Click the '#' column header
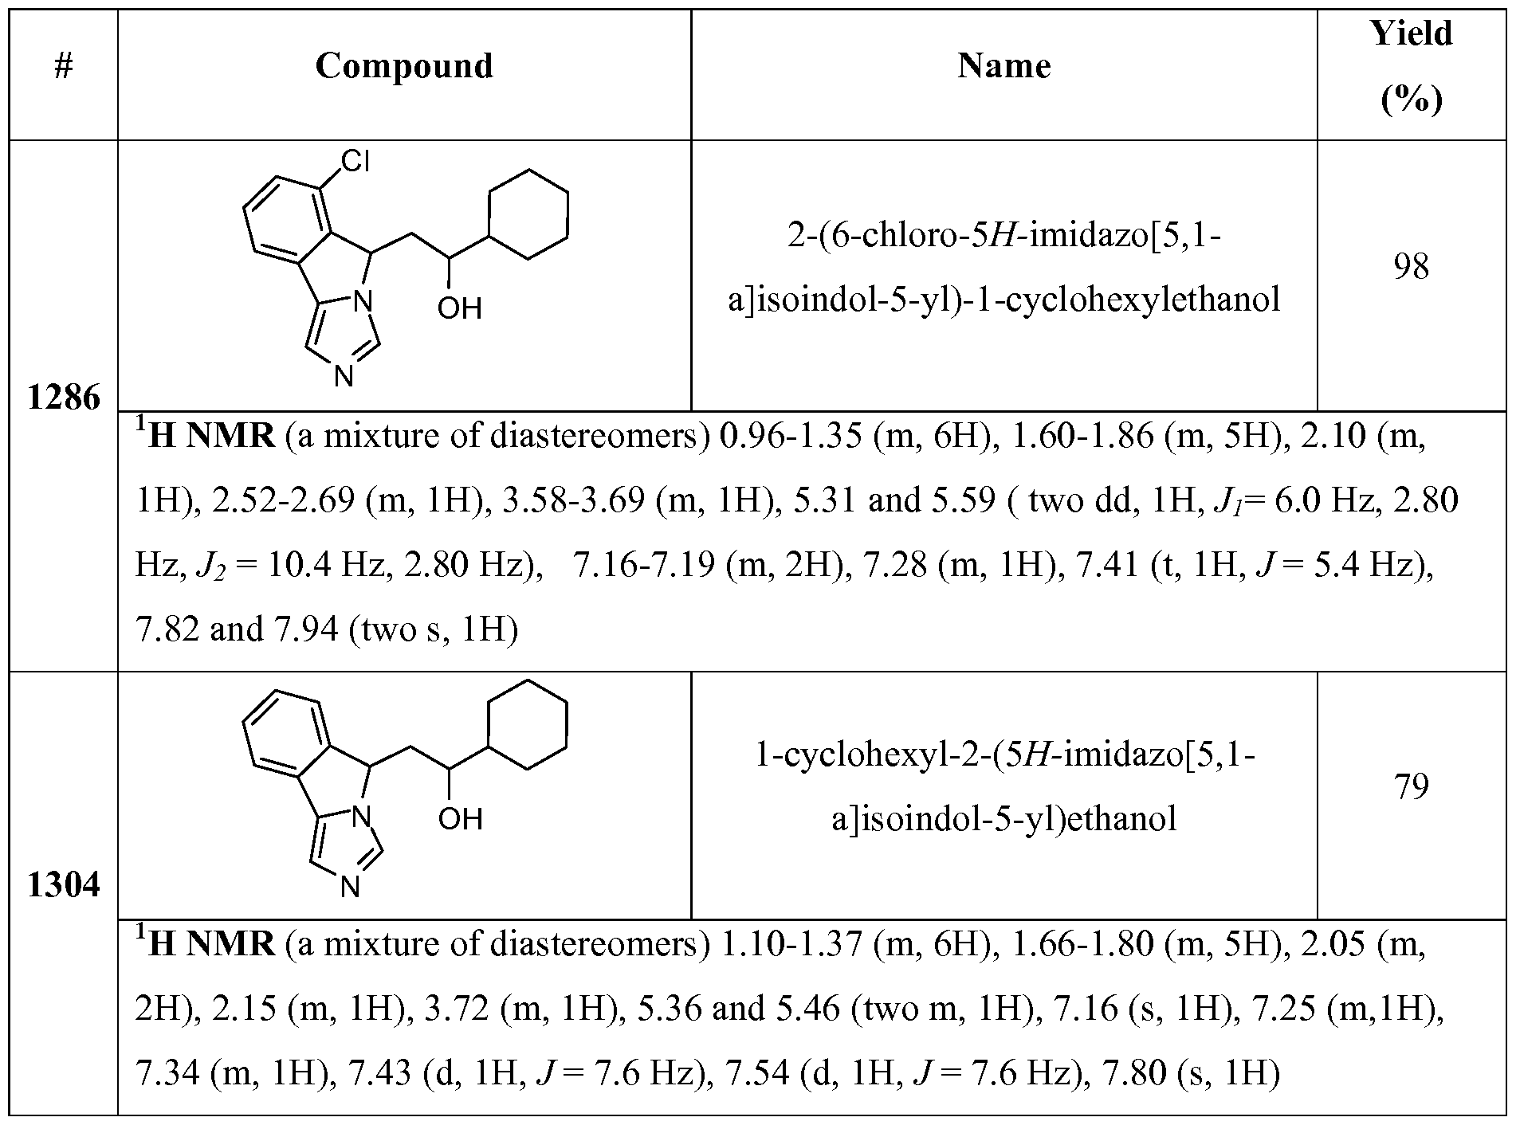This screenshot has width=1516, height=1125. pyautogui.click(x=64, y=67)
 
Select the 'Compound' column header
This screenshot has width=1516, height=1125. pyautogui.click(x=404, y=66)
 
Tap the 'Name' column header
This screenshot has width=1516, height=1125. pyautogui.click(x=1003, y=66)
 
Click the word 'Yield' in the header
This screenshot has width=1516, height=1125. pyautogui.click(x=1411, y=34)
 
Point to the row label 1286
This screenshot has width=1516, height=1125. pyautogui.click(x=64, y=398)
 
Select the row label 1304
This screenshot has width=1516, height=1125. pyautogui.click(x=64, y=885)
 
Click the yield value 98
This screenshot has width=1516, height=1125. pyautogui.click(x=1411, y=267)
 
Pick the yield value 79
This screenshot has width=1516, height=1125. pyautogui.click(x=1411, y=786)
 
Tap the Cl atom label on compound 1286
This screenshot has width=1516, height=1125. pyautogui.click(x=355, y=163)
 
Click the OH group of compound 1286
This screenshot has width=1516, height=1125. pyautogui.click(x=460, y=308)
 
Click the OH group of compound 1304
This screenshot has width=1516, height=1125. pyautogui.click(x=460, y=818)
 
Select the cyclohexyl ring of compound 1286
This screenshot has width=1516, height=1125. pyautogui.click(x=528, y=214)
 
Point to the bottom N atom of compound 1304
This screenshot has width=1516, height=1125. pyautogui.click(x=350, y=887)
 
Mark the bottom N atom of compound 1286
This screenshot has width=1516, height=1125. pyautogui.click(x=344, y=375)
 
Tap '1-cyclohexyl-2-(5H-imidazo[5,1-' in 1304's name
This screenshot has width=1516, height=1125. pyautogui.click(x=1004, y=755)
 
